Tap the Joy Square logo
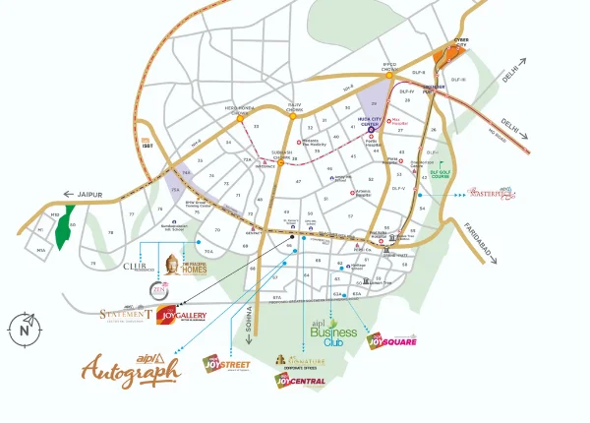pyautogui.click(x=391, y=340)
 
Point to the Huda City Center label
pyautogui.click(x=370, y=124)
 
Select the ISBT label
pyautogui.click(x=148, y=144)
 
